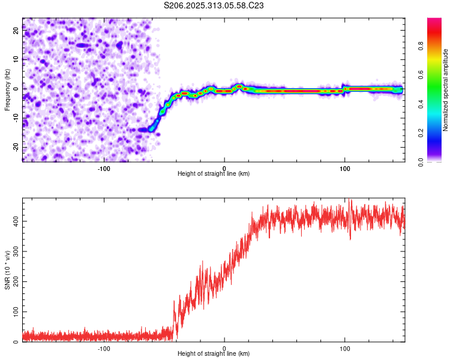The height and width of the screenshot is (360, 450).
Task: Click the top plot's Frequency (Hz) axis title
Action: (x=8, y=89)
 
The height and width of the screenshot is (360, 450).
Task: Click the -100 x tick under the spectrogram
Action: (x=104, y=167)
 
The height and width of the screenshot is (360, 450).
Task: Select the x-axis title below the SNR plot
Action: (x=214, y=354)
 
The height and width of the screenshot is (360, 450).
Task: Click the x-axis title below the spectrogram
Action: (x=214, y=174)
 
